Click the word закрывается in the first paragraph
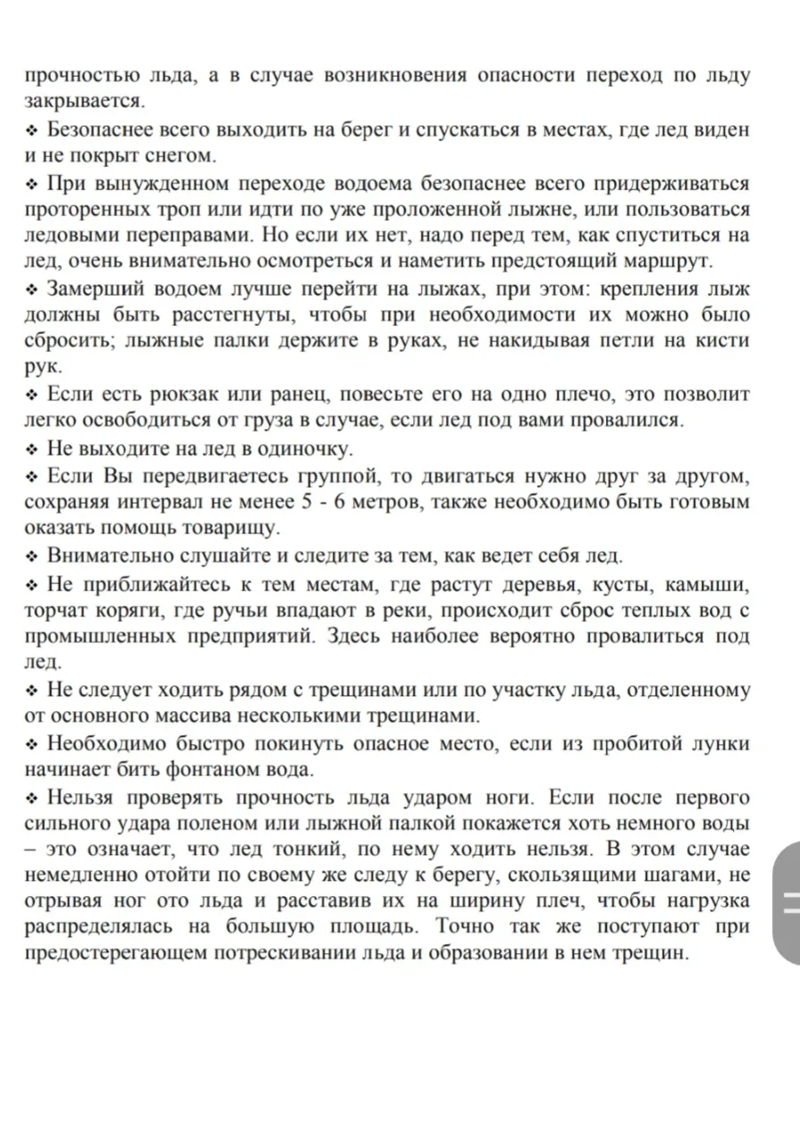[84, 100]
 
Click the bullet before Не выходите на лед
[32, 448]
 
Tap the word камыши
[712, 584]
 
